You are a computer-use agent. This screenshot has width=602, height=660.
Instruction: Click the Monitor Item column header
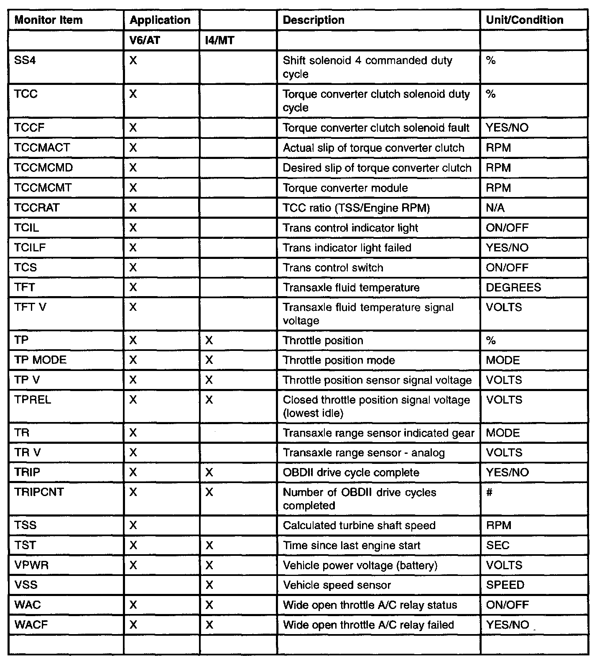(48, 20)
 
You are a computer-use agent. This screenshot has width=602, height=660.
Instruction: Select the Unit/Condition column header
(524, 20)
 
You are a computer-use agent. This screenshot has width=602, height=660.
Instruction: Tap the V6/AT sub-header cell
(145, 41)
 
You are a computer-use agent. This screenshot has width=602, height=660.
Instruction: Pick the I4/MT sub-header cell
(220, 41)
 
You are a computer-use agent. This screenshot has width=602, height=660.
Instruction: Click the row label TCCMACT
(42, 148)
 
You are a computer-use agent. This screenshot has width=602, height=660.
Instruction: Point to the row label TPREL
(33, 400)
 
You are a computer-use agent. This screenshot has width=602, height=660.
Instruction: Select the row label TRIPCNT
(39, 492)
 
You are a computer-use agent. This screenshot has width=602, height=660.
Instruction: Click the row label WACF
(31, 625)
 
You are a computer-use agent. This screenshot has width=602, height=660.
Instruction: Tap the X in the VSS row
(209, 586)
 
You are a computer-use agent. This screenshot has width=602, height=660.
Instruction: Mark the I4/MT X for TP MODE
(209, 361)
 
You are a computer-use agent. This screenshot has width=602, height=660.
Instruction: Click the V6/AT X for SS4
(133, 61)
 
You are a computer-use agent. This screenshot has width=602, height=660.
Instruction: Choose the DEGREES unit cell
(513, 288)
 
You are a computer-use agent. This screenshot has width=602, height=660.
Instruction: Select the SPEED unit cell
(505, 585)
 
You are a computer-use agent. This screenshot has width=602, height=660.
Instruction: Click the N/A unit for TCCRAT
(495, 208)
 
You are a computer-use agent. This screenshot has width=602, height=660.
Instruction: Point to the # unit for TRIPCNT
(490, 492)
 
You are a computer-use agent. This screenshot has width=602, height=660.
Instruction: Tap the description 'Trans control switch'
(333, 268)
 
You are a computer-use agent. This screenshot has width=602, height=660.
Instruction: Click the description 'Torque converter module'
(345, 188)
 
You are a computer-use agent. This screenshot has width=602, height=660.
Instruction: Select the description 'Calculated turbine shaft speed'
(359, 526)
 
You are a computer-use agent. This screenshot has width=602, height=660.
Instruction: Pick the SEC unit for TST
(497, 546)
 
